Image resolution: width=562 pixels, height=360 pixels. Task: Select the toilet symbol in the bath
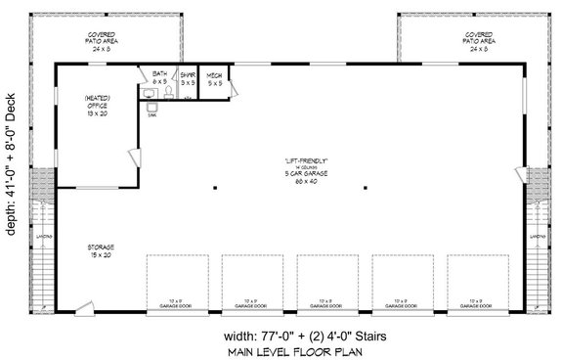[x=167, y=94]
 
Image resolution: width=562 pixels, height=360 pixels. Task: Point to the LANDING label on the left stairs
[x=41, y=236]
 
